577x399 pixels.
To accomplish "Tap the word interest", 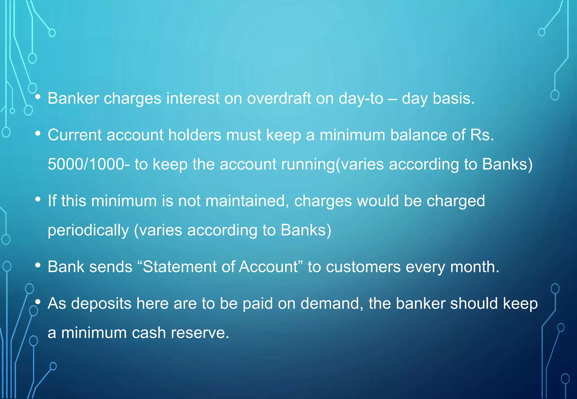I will (x=193, y=98).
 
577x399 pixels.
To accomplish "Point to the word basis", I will (x=454, y=98).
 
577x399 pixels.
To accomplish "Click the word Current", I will (x=74, y=135).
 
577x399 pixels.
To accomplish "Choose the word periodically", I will (x=88, y=230).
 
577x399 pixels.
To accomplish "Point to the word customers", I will (x=363, y=267).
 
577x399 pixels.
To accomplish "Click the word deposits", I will (x=101, y=304).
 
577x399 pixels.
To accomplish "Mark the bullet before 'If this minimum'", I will (x=38, y=199).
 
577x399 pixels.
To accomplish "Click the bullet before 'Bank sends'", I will (x=38, y=265).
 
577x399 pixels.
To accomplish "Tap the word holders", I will (x=195, y=135).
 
